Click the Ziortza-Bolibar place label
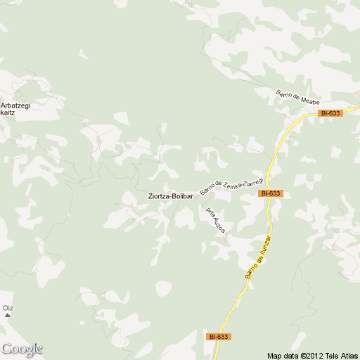click(x=170, y=196)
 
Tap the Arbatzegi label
click(x=15, y=104)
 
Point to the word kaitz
click(x=7, y=112)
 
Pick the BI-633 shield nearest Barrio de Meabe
click(x=329, y=112)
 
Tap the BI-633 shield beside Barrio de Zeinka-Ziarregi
click(x=270, y=193)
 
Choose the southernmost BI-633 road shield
click(x=219, y=337)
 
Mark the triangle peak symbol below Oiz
click(x=7, y=315)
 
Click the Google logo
click(x=22, y=349)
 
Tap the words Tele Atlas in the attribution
click(x=343, y=355)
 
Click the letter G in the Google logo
click(x=6, y=349)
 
